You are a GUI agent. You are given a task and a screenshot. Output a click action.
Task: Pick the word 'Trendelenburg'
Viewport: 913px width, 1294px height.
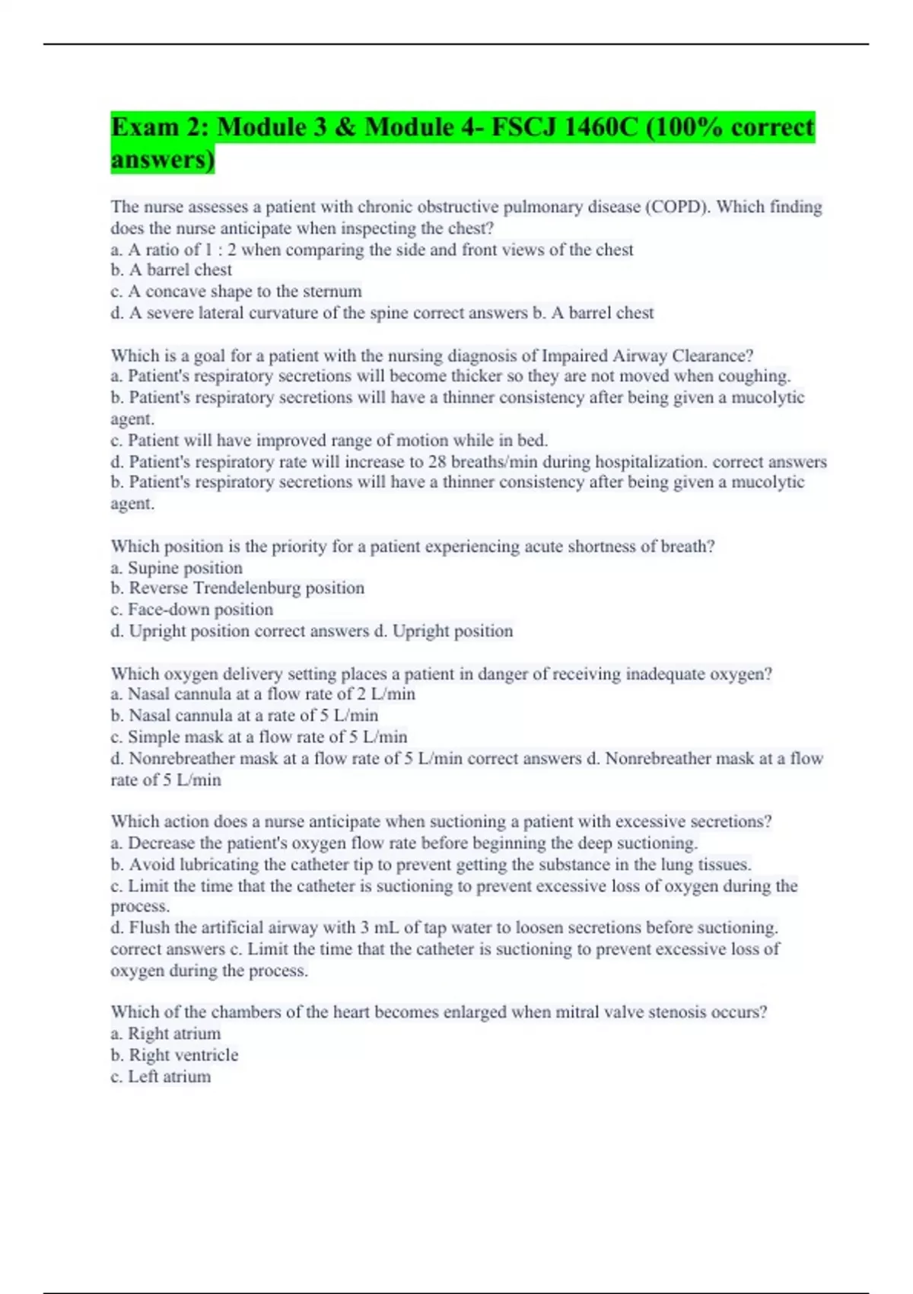tap(247, 588)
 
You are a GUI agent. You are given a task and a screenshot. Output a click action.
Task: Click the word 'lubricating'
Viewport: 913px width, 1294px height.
tap(219, 865)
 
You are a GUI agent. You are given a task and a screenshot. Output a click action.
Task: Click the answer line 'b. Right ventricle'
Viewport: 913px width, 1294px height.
tap(174, 1055)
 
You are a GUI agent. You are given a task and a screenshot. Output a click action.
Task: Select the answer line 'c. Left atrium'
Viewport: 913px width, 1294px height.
tap(161, 1076)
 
